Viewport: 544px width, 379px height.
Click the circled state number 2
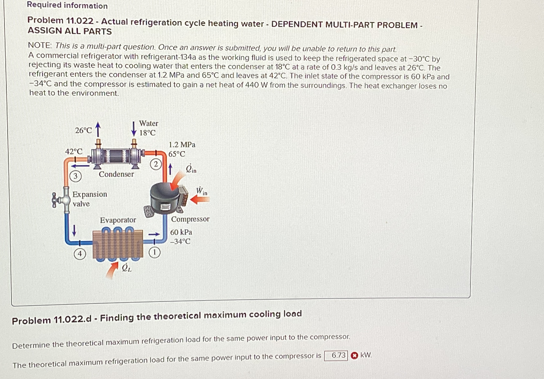click(x=156, y=164)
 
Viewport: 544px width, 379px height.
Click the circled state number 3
click(x=75, y=176)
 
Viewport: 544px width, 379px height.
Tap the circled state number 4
click(x=80, y=254)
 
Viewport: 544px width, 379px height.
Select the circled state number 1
click(x=154, y=252)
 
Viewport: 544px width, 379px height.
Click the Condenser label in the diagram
click(x=116, y=174)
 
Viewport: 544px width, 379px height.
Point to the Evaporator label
click(x=118, y=220)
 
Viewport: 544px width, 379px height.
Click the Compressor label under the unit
click(x=190, y=219)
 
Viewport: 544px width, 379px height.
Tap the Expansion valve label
click(x=89, y=199)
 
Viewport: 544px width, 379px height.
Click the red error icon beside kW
click(x=354, y=355)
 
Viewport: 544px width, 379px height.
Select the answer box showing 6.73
click(x=336, y=355)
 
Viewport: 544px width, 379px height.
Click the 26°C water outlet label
click(x=83, y=130)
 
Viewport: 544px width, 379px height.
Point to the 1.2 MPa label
click(x=182, y=145)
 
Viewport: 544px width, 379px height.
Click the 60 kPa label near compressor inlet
click(x=181, y=232)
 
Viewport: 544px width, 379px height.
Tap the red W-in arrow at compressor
click(x=200, y=200)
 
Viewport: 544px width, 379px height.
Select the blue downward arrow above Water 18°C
click(x=134, y=129)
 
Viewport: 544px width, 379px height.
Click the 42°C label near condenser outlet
click(x=74, y=151)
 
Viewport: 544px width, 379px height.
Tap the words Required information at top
click(x=67, y=5)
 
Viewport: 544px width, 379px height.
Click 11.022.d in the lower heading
click(x=72, y=319)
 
